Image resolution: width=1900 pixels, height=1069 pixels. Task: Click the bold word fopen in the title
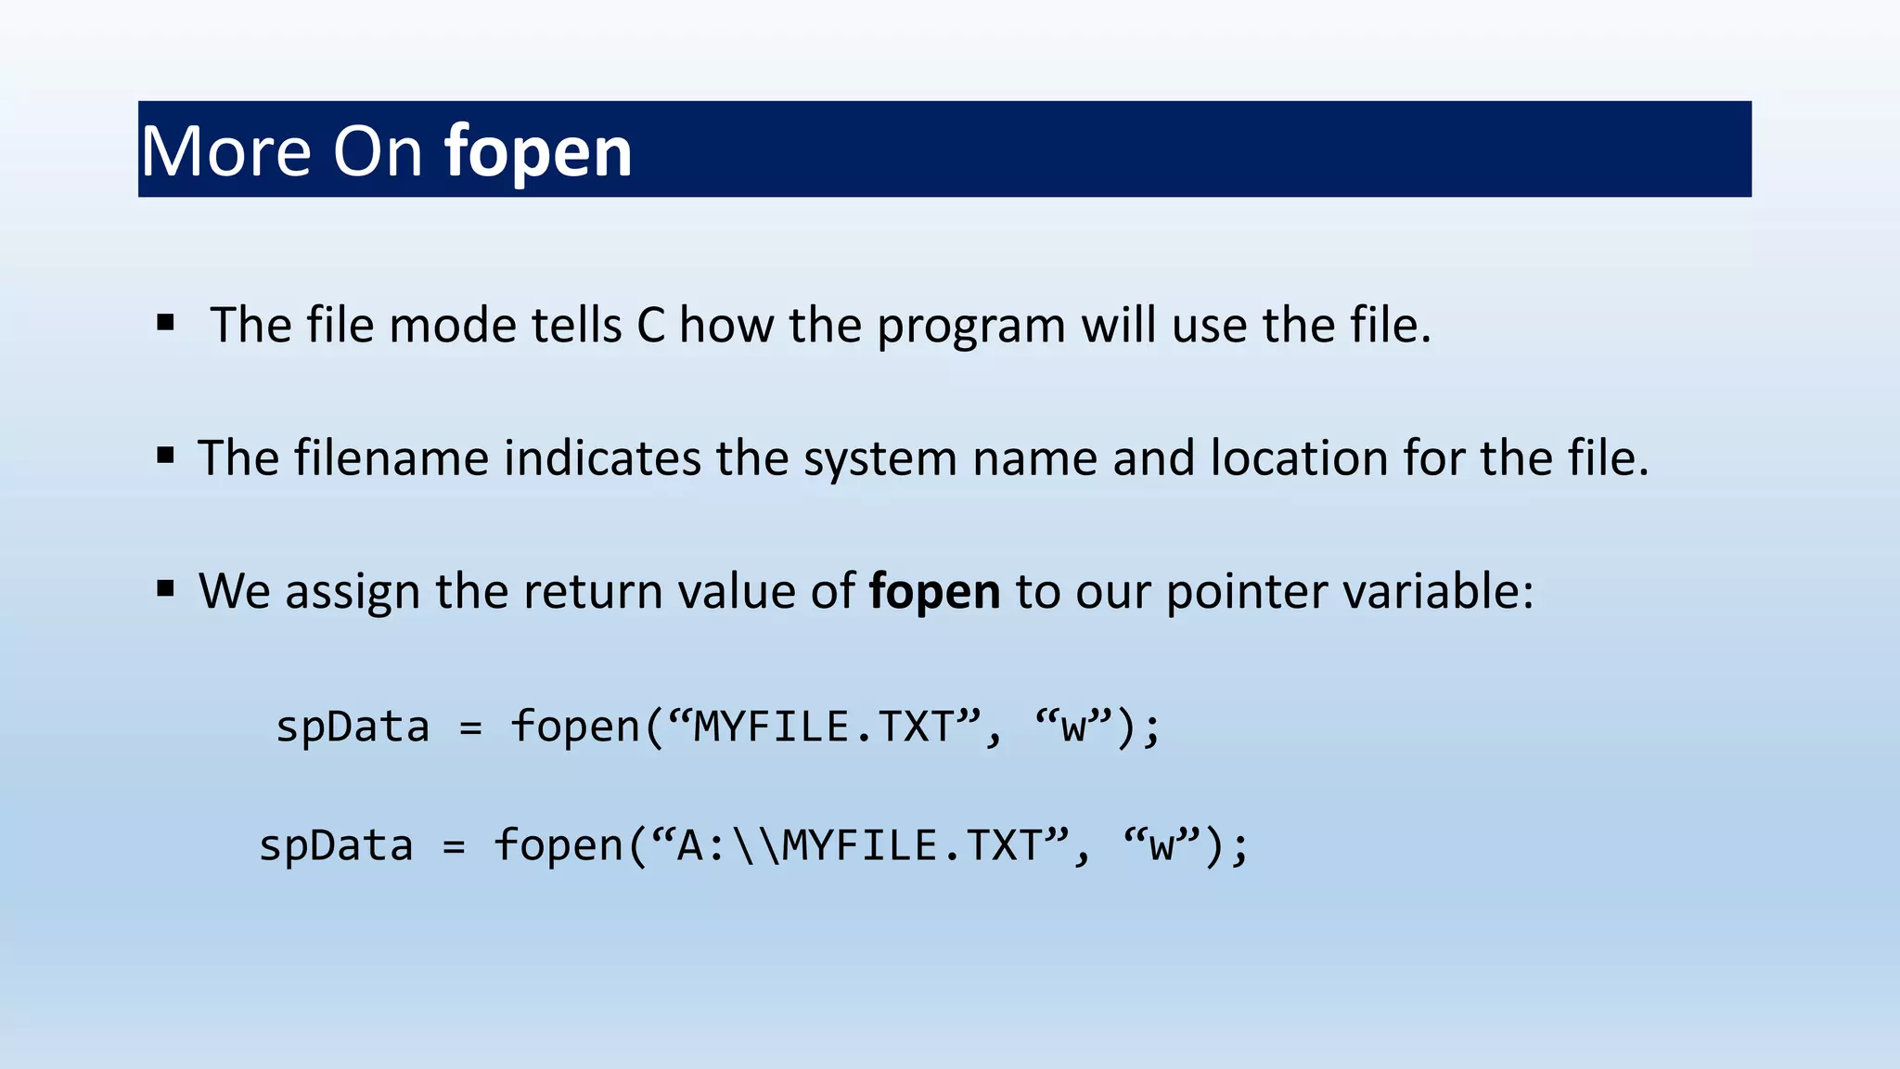tap(538, 152)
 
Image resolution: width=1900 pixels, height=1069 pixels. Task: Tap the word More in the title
tap(225, 152)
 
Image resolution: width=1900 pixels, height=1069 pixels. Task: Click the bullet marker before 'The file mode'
tap(166, 323)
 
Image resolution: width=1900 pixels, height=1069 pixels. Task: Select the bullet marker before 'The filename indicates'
tap(166, 456)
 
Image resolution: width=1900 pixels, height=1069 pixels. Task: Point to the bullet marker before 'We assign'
tap(166, 588)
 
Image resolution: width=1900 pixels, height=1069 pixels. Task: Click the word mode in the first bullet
tap(452, 326)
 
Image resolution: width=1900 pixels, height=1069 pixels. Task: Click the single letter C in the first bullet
tap(651, 326)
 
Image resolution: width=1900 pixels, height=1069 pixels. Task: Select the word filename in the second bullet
tap(391, 458)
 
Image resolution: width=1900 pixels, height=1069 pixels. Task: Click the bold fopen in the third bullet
tap(934, 592)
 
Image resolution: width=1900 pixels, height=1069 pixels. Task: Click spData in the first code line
tap(353, 727)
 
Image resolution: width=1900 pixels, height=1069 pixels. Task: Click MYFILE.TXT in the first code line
tap(824, 727)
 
